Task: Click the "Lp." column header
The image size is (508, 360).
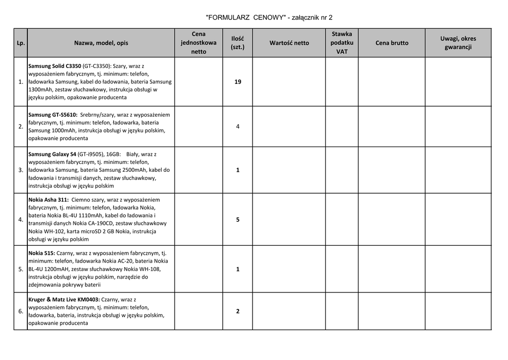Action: tap(21, 43)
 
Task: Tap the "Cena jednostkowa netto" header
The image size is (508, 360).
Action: tap(198, 43)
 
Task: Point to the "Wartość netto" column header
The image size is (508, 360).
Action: tap(289, 43)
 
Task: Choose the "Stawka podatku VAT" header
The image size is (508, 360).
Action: tap(342, 43)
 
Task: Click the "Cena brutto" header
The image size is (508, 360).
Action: tap(392, 43)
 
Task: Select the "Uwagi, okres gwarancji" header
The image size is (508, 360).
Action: tap(458, 43)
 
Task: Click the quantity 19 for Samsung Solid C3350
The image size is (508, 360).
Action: tap(238, 82)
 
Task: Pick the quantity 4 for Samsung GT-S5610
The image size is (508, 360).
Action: tap(238, 127)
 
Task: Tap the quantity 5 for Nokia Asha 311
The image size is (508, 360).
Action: tap(238, 219)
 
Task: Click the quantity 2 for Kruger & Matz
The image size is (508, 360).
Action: tap(238, 311)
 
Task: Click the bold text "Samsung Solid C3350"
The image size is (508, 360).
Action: tap(55, 66)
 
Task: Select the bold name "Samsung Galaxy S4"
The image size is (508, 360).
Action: tap(52, 154)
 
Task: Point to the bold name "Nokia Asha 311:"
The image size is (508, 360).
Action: tap(49, 200)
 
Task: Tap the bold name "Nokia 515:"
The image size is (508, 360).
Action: tap(42, 253)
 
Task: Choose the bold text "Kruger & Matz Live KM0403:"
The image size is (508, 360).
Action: tap(64, 299)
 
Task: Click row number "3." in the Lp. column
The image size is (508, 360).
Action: tap(21, 170)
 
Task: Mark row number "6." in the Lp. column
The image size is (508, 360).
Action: tap(21, 311)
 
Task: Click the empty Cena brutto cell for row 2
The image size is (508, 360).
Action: tap(392, 127)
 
